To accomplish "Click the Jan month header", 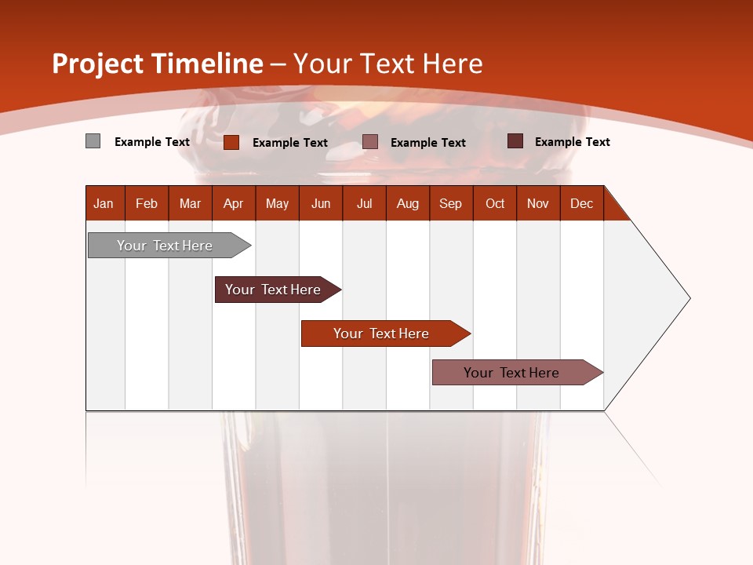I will pyautogui.click(x=104, y=203).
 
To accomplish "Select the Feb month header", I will pyautogui.click(x=147, y=203).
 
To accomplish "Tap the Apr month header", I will pyautogui.click(x=233, y=203).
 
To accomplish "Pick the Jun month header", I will pyautogui.click(x=321, y=203).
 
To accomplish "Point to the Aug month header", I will pyautogui.click(x=407, y=203).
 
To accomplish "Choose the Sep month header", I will pyautogui.click(x=450, y=203).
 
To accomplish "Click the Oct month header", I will pyautogui.click(x=495, y=203).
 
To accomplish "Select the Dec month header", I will pyautogui.click(x=581, y=203).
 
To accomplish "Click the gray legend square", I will pyautogui.click(x=93, y=141).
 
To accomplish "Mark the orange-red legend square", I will pyautogui.click(x=231, y=142).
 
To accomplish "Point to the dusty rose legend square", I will pyautogui.click(x=370, y=142).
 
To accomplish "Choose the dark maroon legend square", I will pyautogui.click(x=515, y=141).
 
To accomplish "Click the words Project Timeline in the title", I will pyautogui.click(x=157, y=64).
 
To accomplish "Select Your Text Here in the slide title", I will pyautogui.click(x=388, y=64).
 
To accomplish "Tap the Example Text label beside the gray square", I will pyautogui.click(x=152, y=142).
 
